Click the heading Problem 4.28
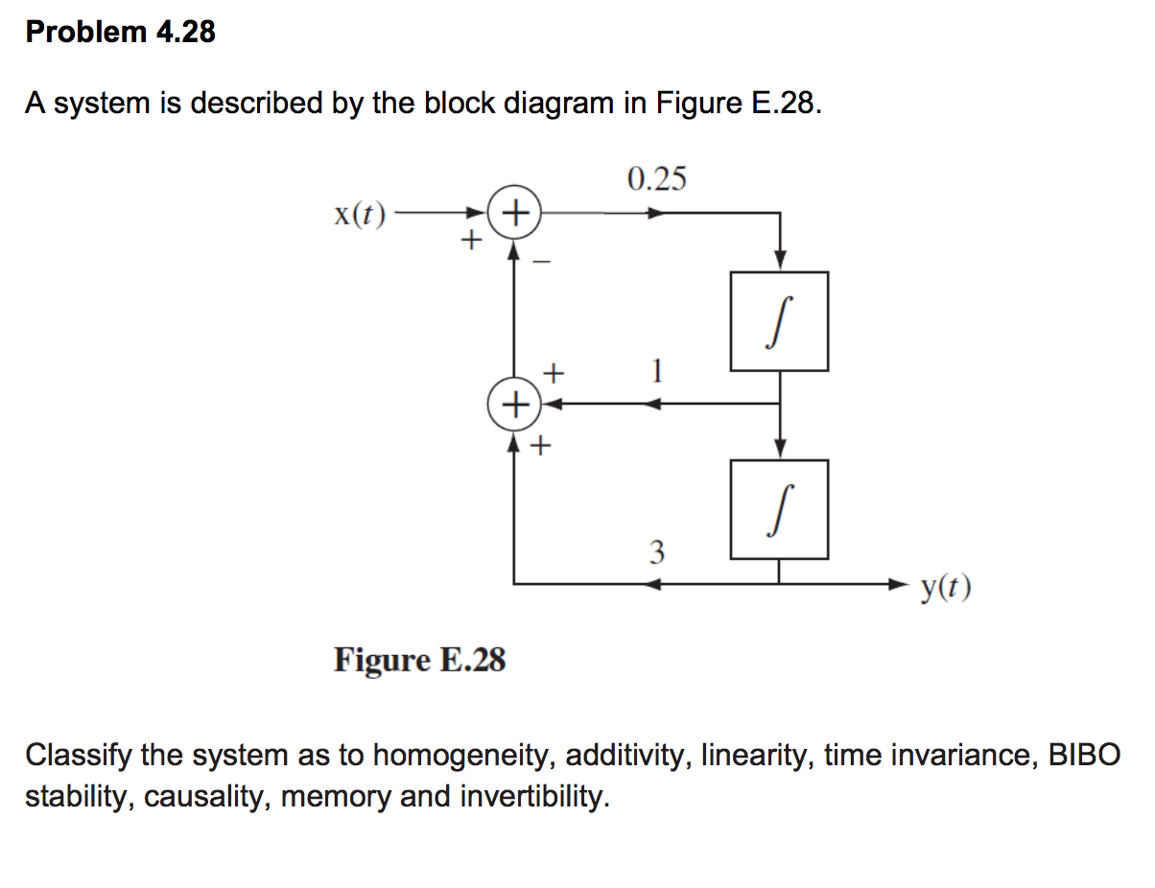tap(121, 33)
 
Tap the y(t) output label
tap(946, 587)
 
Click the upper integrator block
tap(779, 321)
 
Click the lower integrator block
tap(779, 509)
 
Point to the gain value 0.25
tap(656, 179)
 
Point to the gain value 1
tap(656, 370)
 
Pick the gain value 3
tap(656, 552)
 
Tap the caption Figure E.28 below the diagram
tap(419, 660)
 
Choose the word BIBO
tap(1084, 756)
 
